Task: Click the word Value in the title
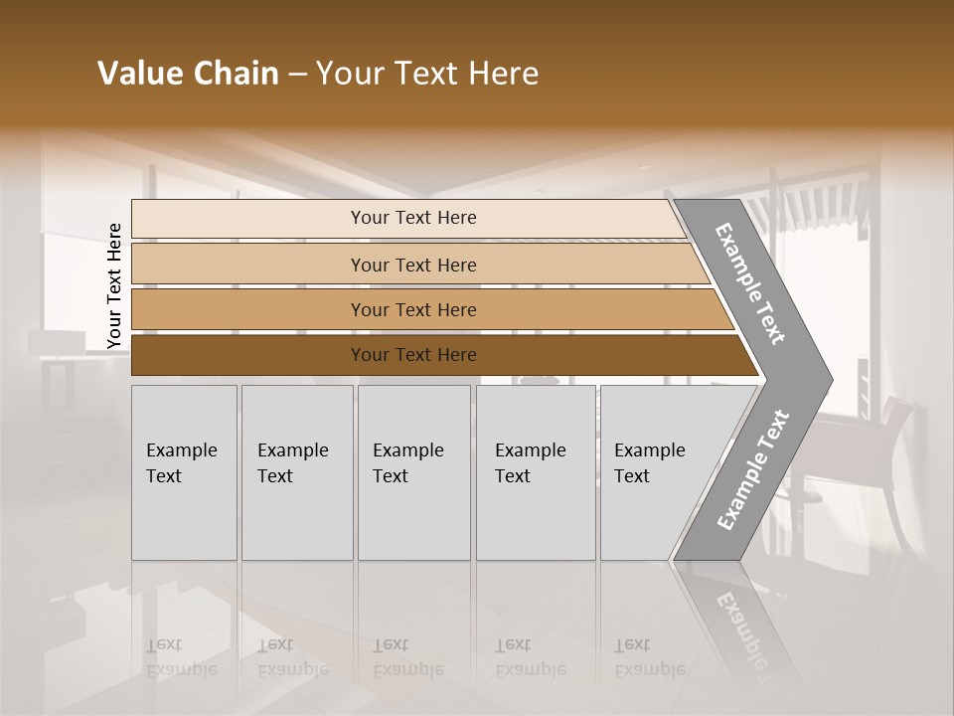coord(137,74)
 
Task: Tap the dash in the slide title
coord(297,75)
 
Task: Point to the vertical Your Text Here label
coord(115,285)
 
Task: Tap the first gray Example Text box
coord(184,472)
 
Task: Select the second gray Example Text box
coord(296,472)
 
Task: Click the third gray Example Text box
coord(413,472)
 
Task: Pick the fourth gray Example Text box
coord(536,472)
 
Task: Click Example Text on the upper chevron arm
coord(750,283)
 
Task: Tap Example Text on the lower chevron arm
coord(752,470)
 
